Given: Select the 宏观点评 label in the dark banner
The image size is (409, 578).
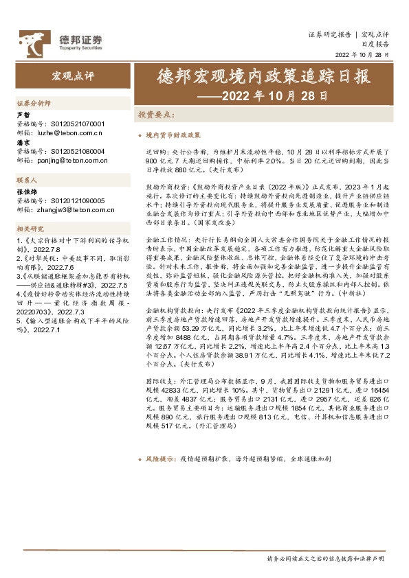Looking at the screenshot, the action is [71, 73].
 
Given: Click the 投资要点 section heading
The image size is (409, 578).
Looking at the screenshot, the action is [157, 115].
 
